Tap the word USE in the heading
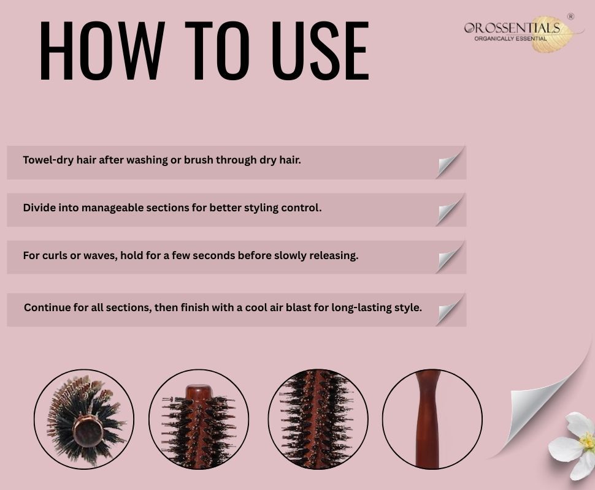click(x=321, y=50)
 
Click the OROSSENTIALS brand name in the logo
click(x=512, y=28)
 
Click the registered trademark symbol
click(x=570, y=17)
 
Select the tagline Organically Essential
click(x=510, y=39)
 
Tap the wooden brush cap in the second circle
click(x=199, y=393)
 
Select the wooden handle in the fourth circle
click(x=429, y=420)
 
